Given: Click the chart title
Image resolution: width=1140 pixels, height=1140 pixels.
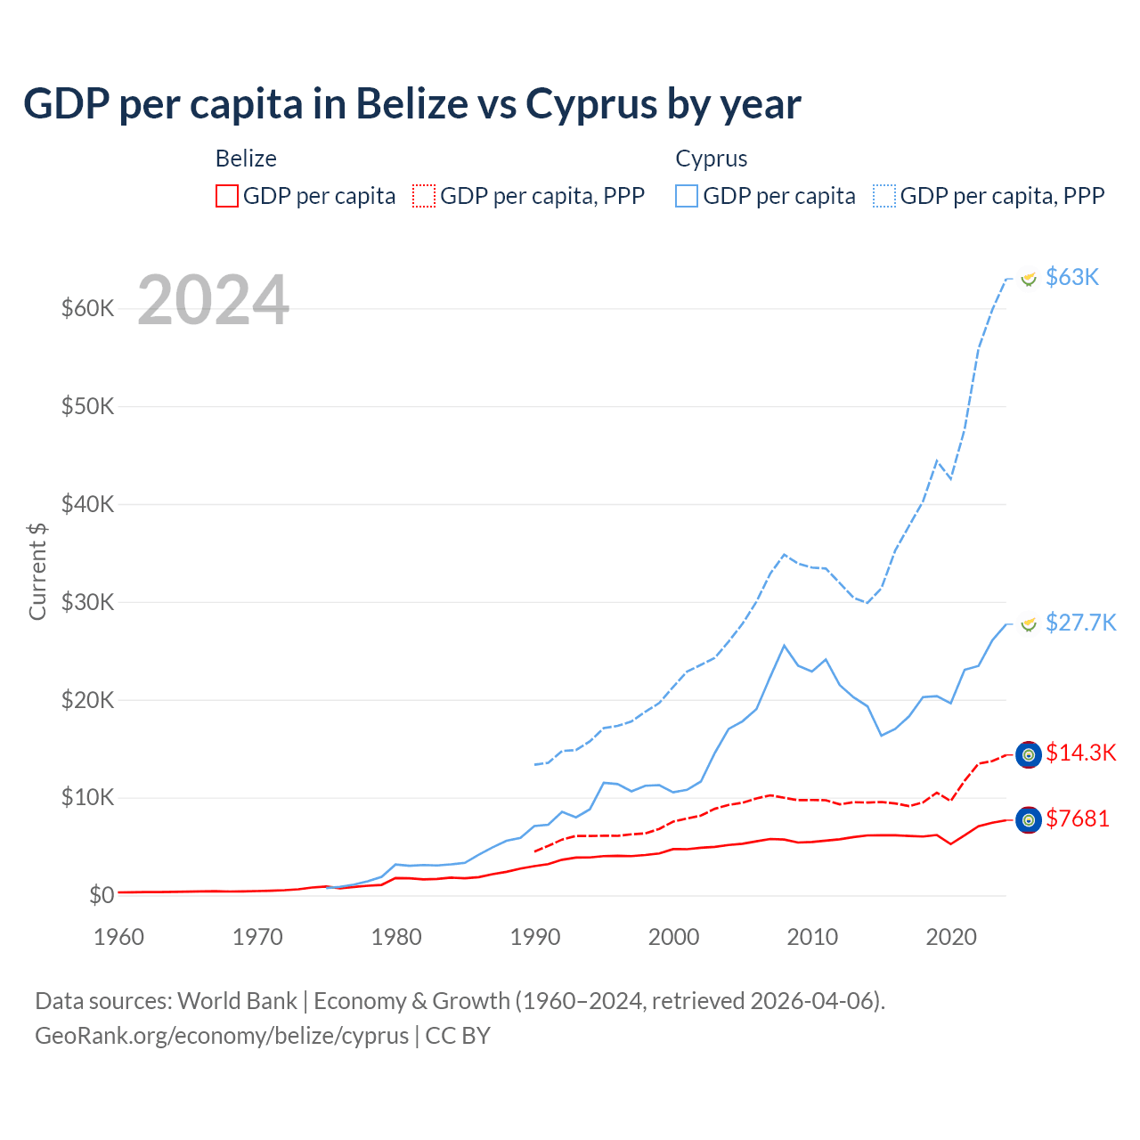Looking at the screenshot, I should [x=411, y=104].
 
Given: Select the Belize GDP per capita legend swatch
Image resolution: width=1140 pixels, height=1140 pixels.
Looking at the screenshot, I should [x=227, y=196].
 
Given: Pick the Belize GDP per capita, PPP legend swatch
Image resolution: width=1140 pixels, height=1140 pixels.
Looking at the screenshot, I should [x=424, y=196].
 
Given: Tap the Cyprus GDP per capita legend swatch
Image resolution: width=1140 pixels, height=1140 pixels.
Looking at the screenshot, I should [x=687, y=196].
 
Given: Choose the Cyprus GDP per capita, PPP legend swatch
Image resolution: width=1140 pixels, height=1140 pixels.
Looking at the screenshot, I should [x=884, y=196].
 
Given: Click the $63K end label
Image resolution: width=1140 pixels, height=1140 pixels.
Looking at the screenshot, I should [x=1072, y=277].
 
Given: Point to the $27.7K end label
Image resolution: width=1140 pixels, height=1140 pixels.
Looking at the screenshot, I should [x=1080, y=622].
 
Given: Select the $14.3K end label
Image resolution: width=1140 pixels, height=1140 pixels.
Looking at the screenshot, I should [x=1080, y=753].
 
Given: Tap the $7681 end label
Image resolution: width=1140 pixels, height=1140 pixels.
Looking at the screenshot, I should [x=1078, y=818].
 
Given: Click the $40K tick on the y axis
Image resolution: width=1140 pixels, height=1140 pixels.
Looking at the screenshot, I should [x=88, y=504].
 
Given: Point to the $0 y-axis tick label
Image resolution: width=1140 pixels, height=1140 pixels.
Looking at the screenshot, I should [x=102, y=895].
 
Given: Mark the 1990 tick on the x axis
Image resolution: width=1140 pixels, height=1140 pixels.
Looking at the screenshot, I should [x=535, y=937].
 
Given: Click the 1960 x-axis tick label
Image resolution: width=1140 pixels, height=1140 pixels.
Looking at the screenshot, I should [x=118, y=937].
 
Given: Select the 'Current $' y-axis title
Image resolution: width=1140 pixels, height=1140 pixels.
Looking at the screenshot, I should [x=37, y=571].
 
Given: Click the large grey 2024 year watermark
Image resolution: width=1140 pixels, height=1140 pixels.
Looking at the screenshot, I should [x=214, y=300].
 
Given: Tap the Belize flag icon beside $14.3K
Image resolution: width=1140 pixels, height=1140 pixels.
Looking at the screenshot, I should [x=1029, y=754].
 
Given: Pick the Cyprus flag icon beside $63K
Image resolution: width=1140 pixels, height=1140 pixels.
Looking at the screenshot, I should [x=1029, y=279].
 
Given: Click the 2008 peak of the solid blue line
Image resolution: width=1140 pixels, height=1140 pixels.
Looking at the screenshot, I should [x=784, y=645].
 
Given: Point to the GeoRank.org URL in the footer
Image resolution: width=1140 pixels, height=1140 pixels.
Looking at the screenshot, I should [x=222, y=1036].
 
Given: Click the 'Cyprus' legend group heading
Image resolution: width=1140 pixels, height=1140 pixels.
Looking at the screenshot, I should [x=712, y=159].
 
